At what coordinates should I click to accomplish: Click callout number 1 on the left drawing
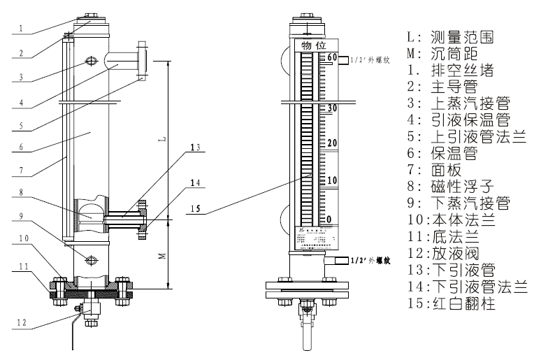point(22,29)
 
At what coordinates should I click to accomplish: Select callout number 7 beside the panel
point(23,171)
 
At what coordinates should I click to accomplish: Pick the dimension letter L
point(161,140)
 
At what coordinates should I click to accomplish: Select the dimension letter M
point(161,256)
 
